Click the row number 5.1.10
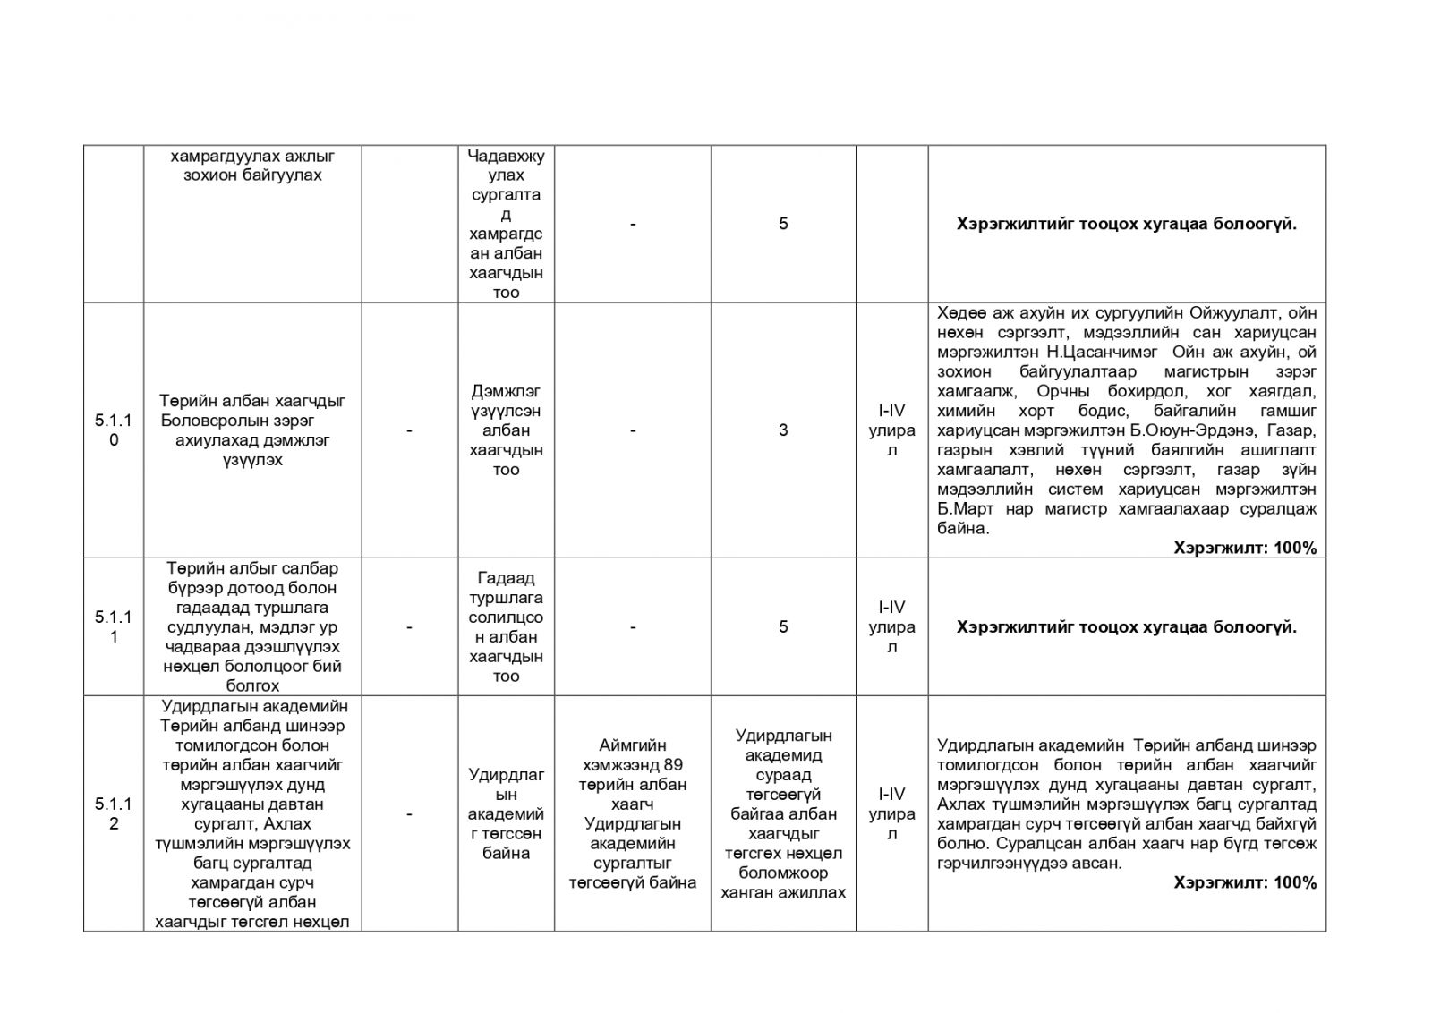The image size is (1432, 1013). coord(114,430)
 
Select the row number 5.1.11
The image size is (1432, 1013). coord(114,626)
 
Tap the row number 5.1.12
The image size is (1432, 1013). coord(114,813)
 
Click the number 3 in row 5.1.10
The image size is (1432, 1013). coord(783,430)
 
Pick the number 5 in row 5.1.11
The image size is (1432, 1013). coord(783,626)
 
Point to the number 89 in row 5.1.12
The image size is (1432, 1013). coord(674,764)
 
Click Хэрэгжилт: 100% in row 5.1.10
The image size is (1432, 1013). coord(1245,548)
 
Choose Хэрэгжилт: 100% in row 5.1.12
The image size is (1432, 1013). coord(1245,882)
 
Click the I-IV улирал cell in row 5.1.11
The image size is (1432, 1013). coord(891,626)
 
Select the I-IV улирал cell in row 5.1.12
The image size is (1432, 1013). coord(891,813)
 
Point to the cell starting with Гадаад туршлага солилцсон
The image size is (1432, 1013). coord(506,626)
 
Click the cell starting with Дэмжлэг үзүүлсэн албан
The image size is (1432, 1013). coord(506,430)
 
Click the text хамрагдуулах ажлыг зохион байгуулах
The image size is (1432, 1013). coord(252,166)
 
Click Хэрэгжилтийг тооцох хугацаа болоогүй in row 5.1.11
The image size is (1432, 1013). coord(1126,626)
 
